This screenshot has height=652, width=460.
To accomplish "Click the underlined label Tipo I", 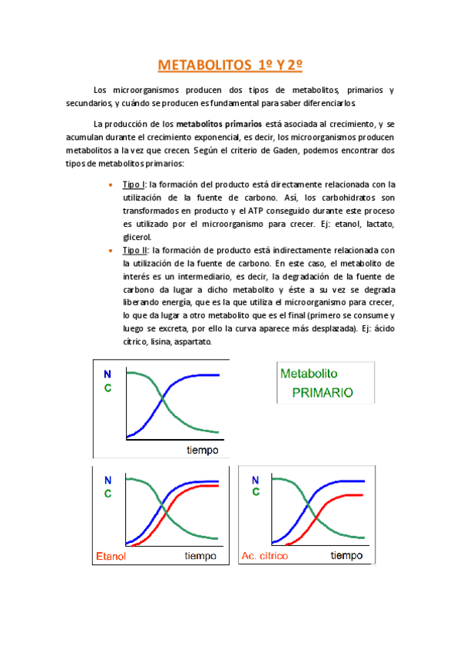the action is (x=134, y=185).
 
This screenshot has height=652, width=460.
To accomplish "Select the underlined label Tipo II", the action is (x=136, y=250).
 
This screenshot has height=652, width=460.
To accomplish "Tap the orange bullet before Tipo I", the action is (x=111, y=185).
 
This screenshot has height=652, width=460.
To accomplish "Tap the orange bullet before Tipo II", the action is (x=111, y=250).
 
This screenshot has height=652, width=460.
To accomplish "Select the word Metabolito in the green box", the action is (x=314, y=374).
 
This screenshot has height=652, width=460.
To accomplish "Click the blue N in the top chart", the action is (x=108, y=374).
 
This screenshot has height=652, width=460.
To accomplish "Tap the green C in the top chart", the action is (x=108, y=388).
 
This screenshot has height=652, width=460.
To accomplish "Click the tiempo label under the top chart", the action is (x=202, y=449).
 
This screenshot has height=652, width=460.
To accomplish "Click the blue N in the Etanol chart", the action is (x=108, y=480).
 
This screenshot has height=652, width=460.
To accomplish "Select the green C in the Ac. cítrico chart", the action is (x=254, y=493).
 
